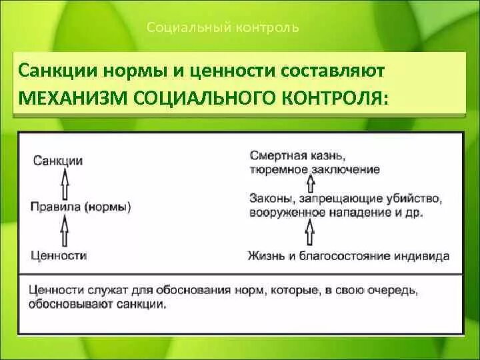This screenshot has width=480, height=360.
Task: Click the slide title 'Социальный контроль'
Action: (x=222, y=27)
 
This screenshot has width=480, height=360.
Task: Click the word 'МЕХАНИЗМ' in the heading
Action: (x=72, y=97)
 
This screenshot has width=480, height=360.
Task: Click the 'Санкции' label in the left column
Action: (x=57, y=161)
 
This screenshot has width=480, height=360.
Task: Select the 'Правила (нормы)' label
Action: (x=81, y=207)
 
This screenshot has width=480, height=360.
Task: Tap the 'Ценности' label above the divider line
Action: (x=59, y=255)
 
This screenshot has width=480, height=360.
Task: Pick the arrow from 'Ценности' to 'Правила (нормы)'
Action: (x=65, y=232)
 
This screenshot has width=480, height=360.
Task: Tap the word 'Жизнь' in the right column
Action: (x=265, y=255)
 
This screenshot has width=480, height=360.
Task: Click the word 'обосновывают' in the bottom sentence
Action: (x=68, y=304)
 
